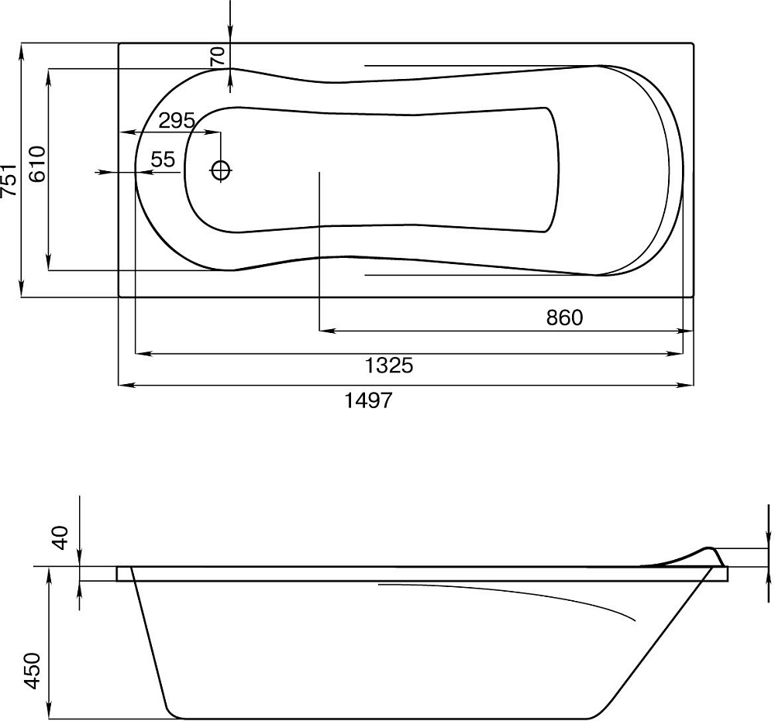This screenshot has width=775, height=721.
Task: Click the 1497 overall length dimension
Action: tap(368, 400)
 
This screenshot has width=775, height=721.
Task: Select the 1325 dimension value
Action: tap(388, 366)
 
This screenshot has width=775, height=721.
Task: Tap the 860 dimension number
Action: tap(564, 318)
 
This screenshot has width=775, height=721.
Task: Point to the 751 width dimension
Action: tap(10, 180)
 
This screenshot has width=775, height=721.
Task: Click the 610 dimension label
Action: tap(37, 164)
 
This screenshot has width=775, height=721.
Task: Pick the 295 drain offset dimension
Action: tap(177, 121)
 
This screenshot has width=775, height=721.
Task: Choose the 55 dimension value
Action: tap(163, 160)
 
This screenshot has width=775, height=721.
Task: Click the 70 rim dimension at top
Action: tap(218, 56)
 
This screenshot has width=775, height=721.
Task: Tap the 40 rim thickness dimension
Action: tap(60, 538)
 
